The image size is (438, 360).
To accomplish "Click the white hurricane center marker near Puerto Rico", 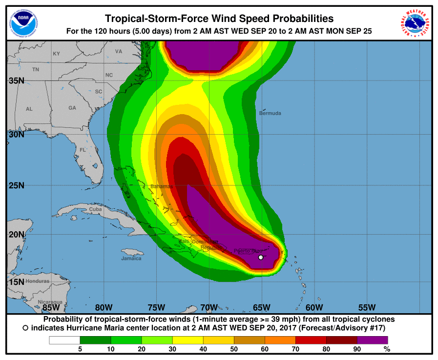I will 261,257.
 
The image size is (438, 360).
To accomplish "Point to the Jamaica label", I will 131,258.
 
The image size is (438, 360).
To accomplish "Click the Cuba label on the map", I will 95,209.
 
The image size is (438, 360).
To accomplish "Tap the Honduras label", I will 38,281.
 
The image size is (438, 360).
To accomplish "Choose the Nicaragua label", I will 50,302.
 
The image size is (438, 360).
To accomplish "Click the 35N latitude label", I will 16,80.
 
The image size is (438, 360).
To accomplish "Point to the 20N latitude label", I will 16,234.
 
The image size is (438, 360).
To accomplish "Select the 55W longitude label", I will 367,307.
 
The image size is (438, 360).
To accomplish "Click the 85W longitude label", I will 51,307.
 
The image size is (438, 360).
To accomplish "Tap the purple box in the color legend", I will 372,340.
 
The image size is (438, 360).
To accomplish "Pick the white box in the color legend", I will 64,340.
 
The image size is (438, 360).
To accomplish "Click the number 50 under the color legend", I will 234,349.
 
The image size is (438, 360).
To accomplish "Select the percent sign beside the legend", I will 387,349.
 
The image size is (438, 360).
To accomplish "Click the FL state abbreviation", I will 83,150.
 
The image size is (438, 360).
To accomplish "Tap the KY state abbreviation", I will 56,54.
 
